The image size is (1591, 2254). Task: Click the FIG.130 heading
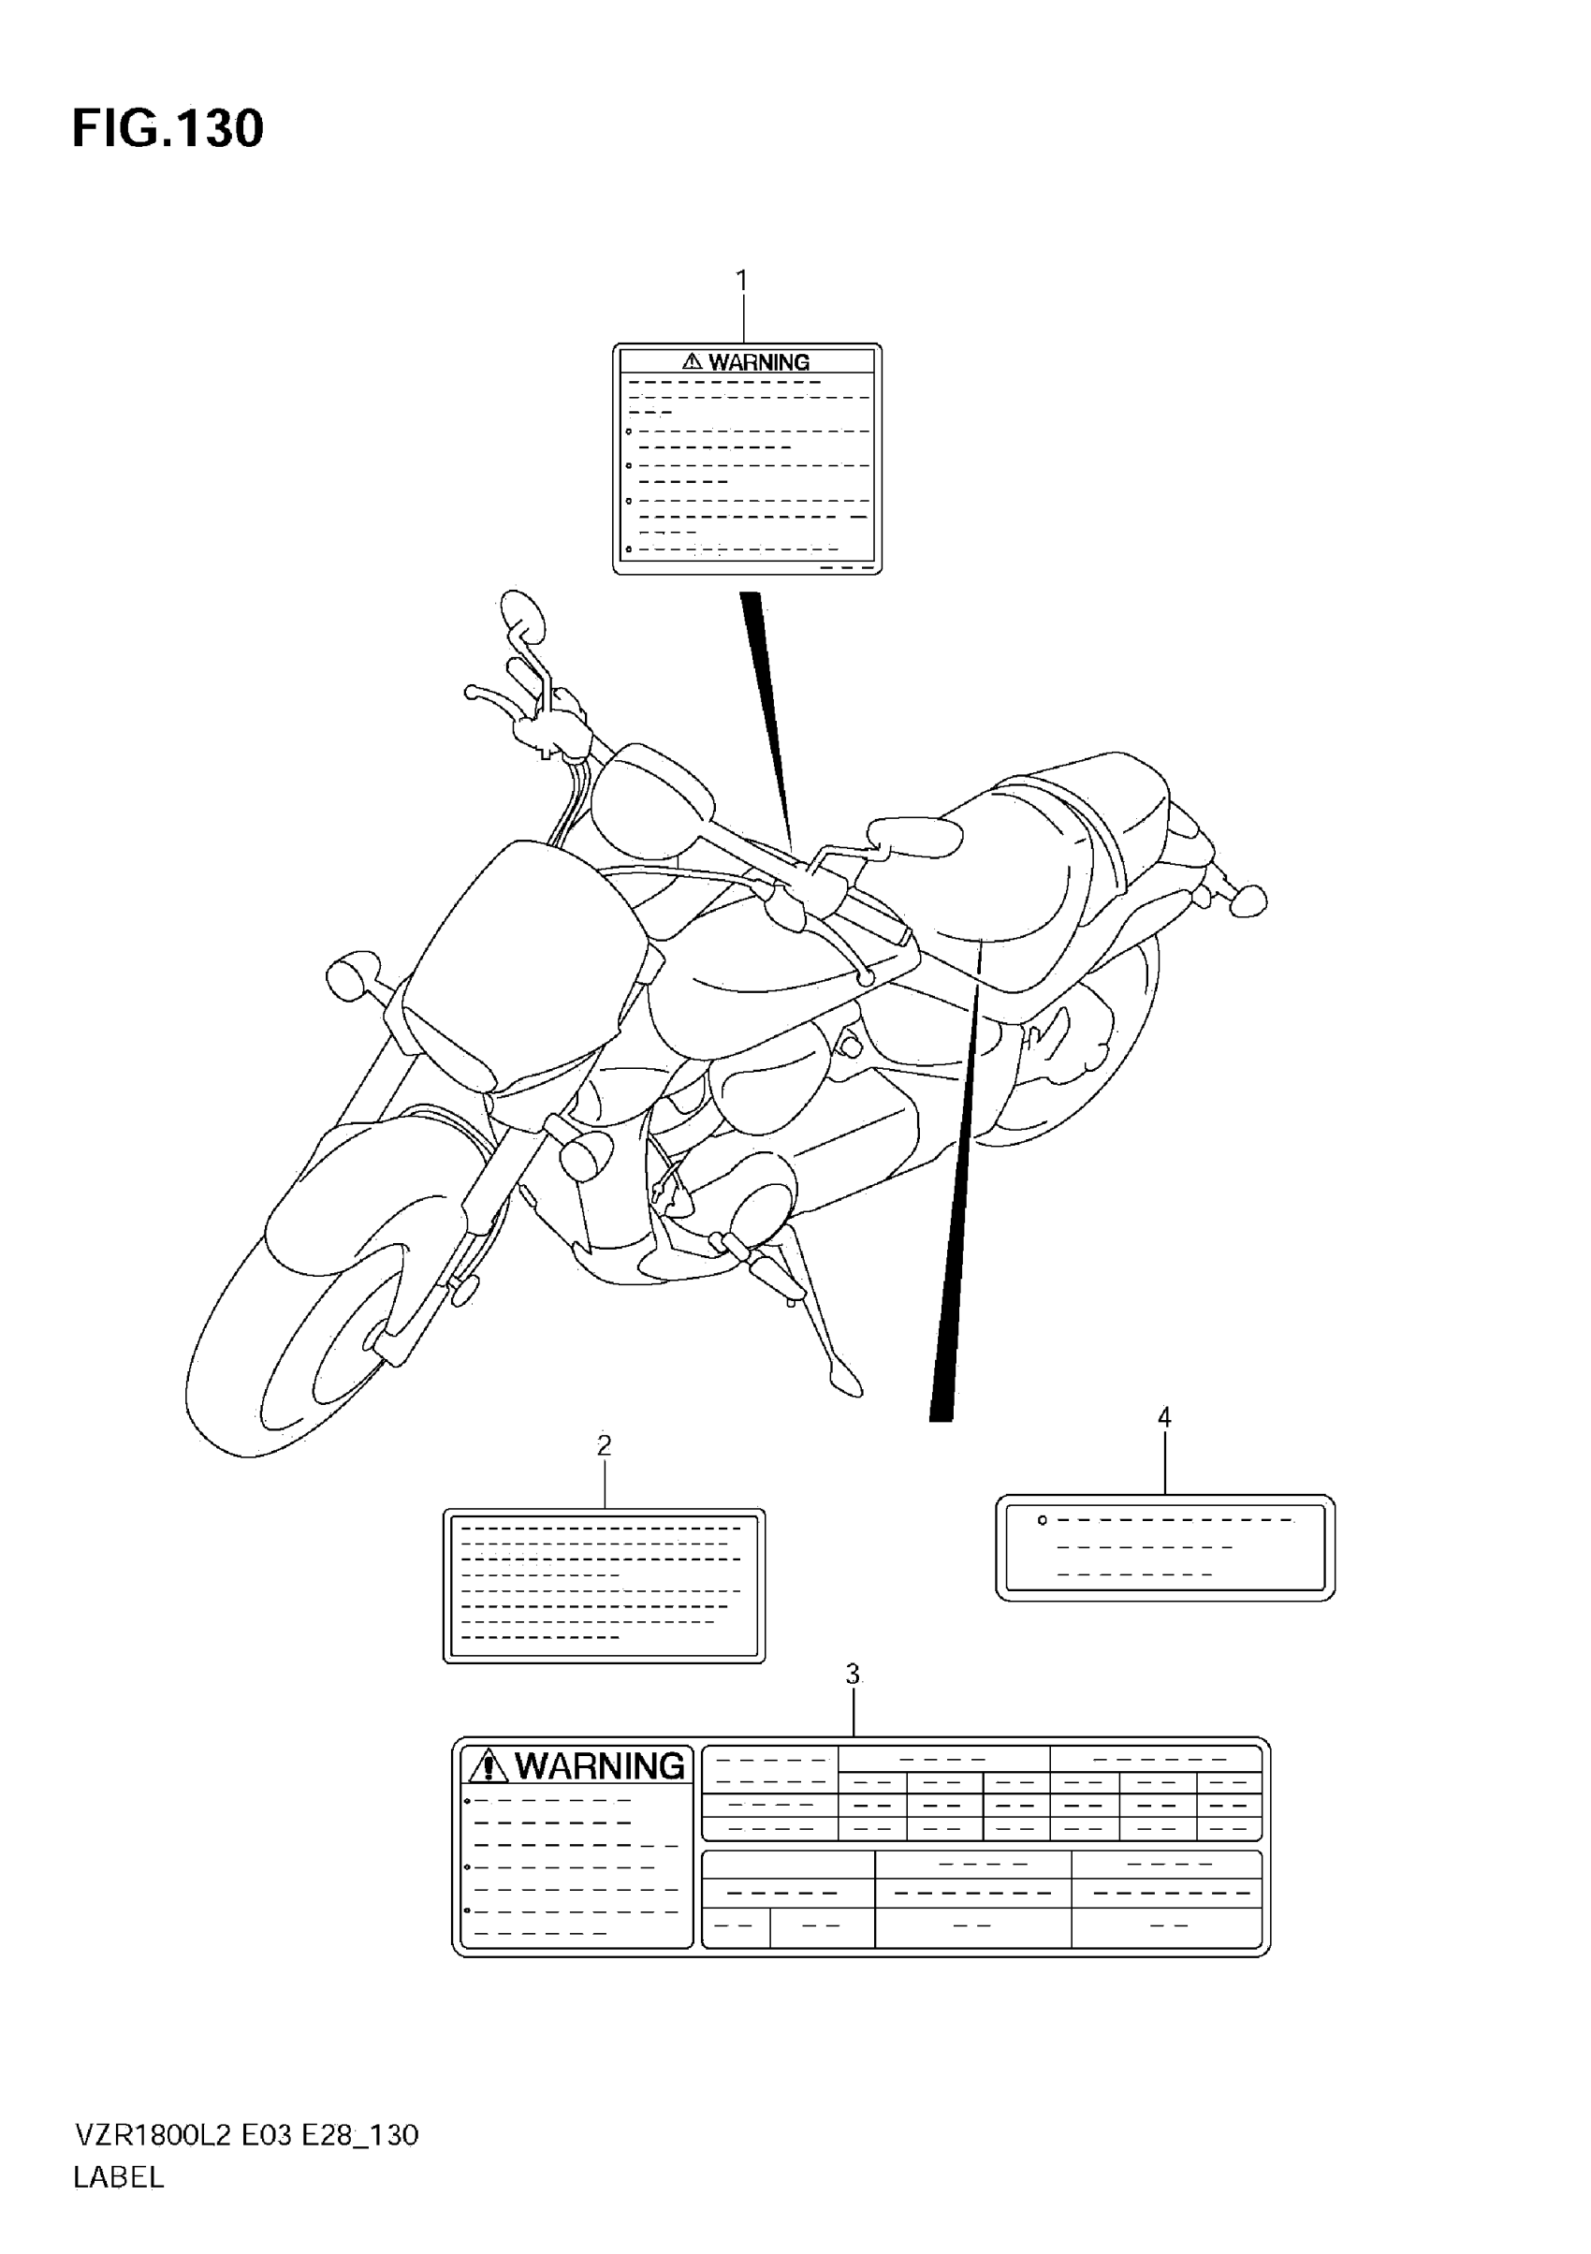tap(168, 129)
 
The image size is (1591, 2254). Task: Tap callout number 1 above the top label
tap(742, 281)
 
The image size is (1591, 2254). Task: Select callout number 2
tap(604, 1445)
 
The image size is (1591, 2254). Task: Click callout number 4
tap(1164, 1417)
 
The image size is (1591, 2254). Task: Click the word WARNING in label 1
tap(759, 362)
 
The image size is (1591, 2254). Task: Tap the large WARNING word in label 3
tap(600, 1766)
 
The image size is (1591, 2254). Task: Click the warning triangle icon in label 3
tap(488, 1767)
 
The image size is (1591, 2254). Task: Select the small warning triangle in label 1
tap(692, 362)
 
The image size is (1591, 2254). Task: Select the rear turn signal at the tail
tap(1248, 901)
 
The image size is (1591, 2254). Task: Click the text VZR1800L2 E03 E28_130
tap(246, 2135)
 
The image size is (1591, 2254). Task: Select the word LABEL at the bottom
tap(119, 2177)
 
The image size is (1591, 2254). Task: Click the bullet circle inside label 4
tap(1043, 1521)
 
